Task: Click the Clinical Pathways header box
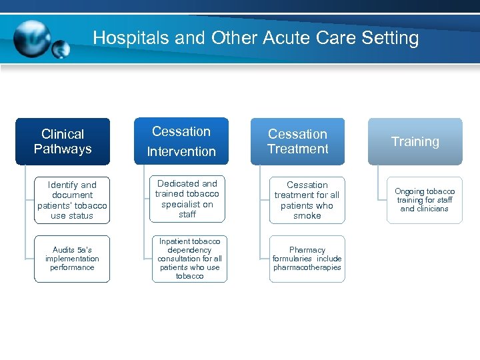point(63,141)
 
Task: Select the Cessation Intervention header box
point(181,141)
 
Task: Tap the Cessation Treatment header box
point(297,141)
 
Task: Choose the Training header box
point(415,141)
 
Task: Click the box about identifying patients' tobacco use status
point(72,200)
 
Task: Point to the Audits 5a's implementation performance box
point(72,259)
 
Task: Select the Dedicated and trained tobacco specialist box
point(187,199)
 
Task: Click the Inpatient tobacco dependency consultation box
point(189,258)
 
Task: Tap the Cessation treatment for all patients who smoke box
point(307,200)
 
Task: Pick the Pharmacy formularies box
point(307,259)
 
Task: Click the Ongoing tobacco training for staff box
point(424,199)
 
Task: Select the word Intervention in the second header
point(181,151)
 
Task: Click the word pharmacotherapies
point(307,267)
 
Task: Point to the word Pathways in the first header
point(63,149)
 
